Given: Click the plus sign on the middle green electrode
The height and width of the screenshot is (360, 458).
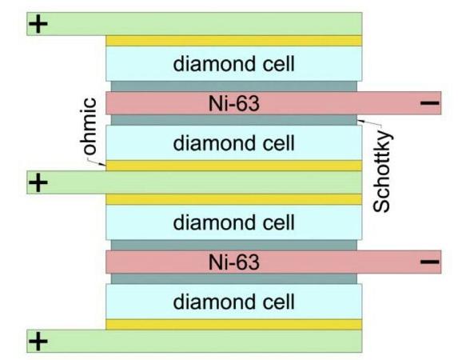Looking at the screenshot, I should tap(38, 182).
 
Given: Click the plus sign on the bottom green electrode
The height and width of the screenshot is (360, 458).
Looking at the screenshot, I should tap(38, 342).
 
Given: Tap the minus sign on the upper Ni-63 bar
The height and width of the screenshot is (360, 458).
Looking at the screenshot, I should tap(429, 102).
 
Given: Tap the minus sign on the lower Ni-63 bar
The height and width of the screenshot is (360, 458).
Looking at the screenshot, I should tap(429, 262).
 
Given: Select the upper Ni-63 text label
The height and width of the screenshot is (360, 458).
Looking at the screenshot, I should tap(233, 102).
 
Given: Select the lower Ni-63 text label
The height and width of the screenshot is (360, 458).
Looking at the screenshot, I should tap(233, 262).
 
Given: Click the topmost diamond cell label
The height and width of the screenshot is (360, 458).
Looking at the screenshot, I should tap(233, 63).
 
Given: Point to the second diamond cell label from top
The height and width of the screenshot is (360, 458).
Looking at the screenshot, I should tap(233, 143).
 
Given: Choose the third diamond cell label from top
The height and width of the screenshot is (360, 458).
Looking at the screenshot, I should tap(233, 222).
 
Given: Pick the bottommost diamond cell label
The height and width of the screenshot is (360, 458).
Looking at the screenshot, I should tap(233, 302).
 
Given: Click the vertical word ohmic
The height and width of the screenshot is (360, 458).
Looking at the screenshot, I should tap(90, 126).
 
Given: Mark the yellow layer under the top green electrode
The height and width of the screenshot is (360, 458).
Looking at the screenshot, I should tap(233, 40).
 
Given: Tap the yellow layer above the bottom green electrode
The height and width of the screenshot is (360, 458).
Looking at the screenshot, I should tap(233, 324).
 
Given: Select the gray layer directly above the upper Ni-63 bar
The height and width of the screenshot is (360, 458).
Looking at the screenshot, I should tap(233, 86).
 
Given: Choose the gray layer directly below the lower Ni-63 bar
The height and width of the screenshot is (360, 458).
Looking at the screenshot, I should tap(233, 279).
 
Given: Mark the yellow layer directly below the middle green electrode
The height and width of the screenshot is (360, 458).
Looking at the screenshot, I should tap(233, 199).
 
